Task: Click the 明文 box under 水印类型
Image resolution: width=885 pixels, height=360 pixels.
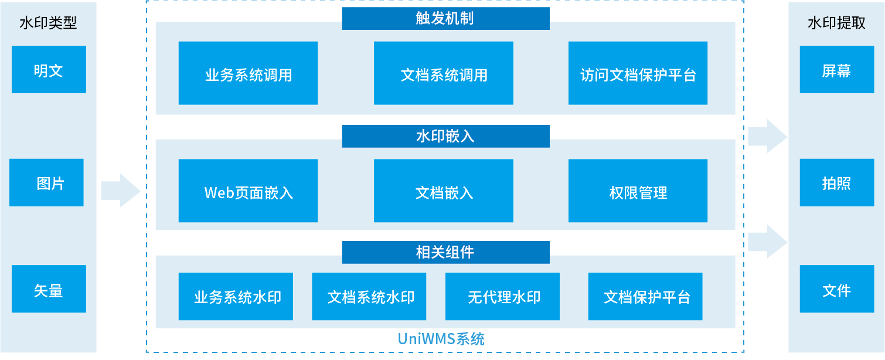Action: tap(49, 70)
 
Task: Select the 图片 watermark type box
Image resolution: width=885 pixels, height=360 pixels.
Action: tap(46, 183)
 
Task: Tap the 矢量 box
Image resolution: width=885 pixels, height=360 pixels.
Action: tap(49, 289)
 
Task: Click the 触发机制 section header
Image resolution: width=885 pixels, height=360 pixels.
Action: tap(445, 19)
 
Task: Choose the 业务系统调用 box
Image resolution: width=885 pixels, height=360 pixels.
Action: tap(248, 74)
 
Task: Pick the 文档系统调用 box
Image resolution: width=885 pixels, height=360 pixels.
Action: tap(443, 74)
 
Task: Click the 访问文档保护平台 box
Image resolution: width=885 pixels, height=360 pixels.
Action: tap(638, 74)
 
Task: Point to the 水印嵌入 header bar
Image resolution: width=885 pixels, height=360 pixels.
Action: tap(445, 137)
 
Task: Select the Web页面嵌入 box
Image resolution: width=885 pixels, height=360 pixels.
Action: tap(248, 191)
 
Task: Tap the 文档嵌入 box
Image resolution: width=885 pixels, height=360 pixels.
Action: tap(443, 191)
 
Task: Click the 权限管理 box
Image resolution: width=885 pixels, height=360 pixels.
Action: tap(638, 191)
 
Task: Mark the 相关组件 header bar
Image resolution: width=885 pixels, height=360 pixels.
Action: tap(445, 253)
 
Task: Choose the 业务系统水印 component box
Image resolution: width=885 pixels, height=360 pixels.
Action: tap(236, 297)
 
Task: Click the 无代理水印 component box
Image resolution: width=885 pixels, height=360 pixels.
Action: tap(502, 297)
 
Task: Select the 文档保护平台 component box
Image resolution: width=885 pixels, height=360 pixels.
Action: tap(645, 297)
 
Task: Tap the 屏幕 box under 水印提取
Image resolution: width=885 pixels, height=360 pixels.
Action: tap(836, 70)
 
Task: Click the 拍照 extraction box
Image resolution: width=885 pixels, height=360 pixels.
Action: tap(836, 183)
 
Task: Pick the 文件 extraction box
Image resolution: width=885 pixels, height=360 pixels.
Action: tap(836, 289)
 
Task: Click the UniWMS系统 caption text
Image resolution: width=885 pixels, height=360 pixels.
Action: tap(441, 339)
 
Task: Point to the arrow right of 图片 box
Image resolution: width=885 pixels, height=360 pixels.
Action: tap(121, 190)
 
